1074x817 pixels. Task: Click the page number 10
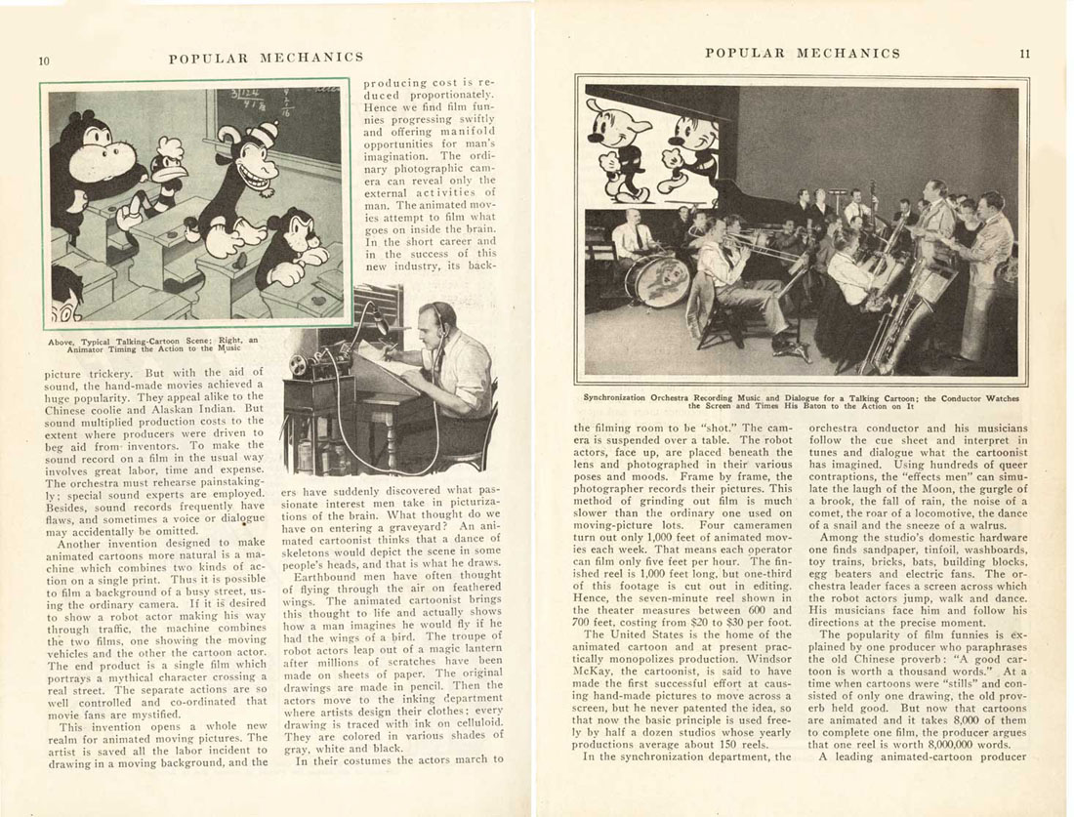pos(44,59)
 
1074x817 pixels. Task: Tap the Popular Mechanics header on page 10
pos(266,59)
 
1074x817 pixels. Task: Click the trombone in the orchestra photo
pos(752,248)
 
